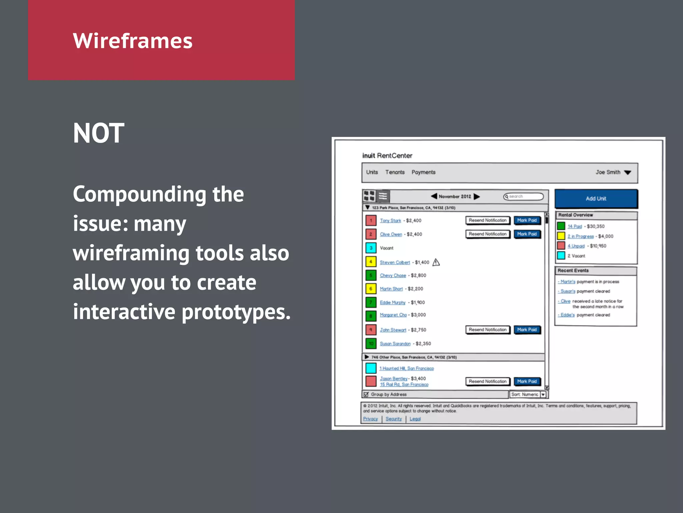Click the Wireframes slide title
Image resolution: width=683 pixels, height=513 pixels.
pos(132,41)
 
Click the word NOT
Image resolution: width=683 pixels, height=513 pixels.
pos(98,133)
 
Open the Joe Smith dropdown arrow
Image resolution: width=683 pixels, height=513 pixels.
pos(628,173)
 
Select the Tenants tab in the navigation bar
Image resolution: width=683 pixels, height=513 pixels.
pos(395,172)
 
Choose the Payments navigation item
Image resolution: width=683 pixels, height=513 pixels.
pos(423,172)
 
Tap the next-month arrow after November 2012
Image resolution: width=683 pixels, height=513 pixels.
pos(477,196)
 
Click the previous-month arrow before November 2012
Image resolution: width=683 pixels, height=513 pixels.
pos(434,196)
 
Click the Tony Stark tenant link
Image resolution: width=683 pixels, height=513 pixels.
pos(390,221)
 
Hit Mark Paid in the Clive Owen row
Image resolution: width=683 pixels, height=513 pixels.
pos(527,234)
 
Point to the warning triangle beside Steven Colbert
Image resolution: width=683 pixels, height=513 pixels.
pos(436,263)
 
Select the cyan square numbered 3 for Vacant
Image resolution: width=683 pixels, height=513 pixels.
pos(371,248)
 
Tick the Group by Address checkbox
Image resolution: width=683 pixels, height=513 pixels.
pos(366,394)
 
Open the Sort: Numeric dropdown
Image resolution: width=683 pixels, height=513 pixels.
pos(543,394)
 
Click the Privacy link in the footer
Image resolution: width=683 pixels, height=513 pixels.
pos(370,419)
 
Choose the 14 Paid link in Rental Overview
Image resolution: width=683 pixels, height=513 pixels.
pos(575,226)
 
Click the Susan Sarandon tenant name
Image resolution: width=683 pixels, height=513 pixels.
pos(395,344)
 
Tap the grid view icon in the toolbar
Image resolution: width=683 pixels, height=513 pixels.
pos(369,196)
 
